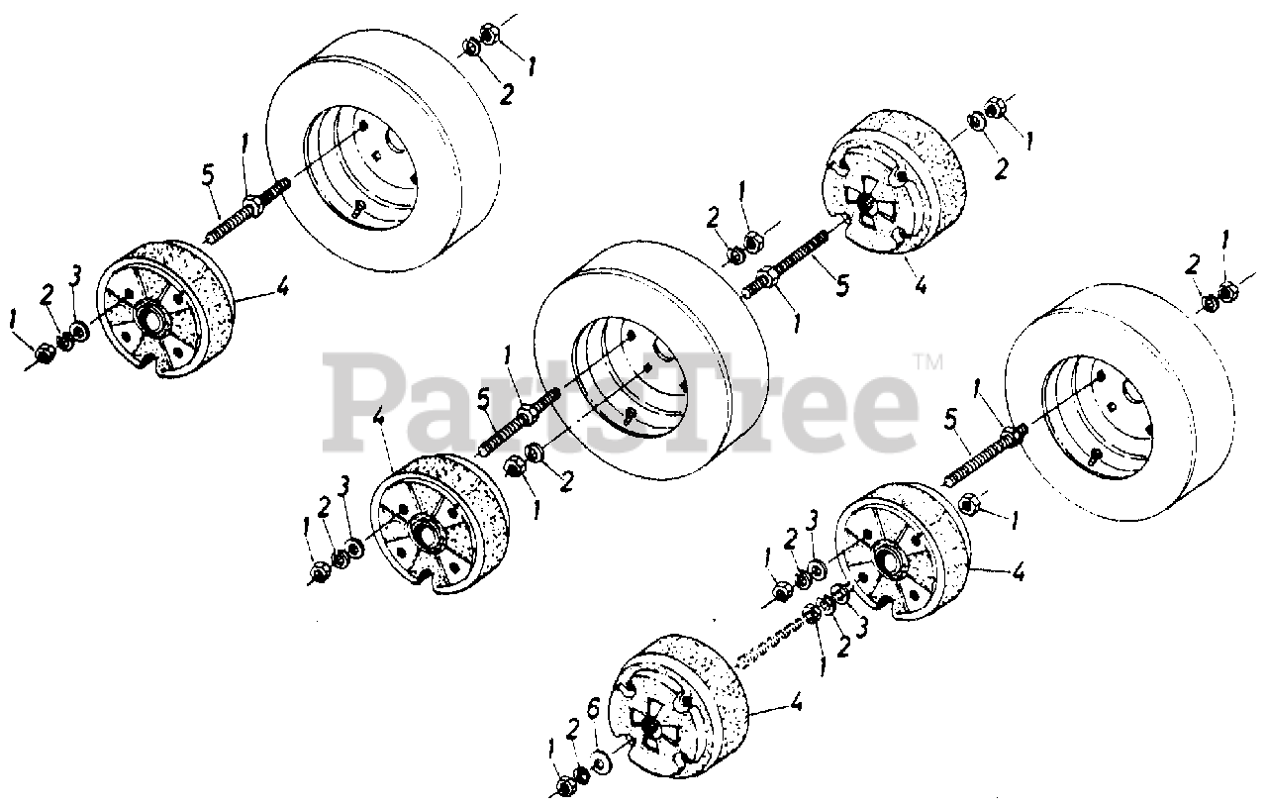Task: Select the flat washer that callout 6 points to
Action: [x=598, y=764]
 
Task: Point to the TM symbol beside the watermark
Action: [x=928, y=362]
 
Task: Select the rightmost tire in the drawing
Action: [x=1119, y=402]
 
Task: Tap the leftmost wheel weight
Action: [x=165, y=308]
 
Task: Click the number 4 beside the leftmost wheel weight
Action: [x=280, y=287]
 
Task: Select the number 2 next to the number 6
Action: [x=572, y=731]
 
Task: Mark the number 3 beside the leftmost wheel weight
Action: [x=74, y=276]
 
